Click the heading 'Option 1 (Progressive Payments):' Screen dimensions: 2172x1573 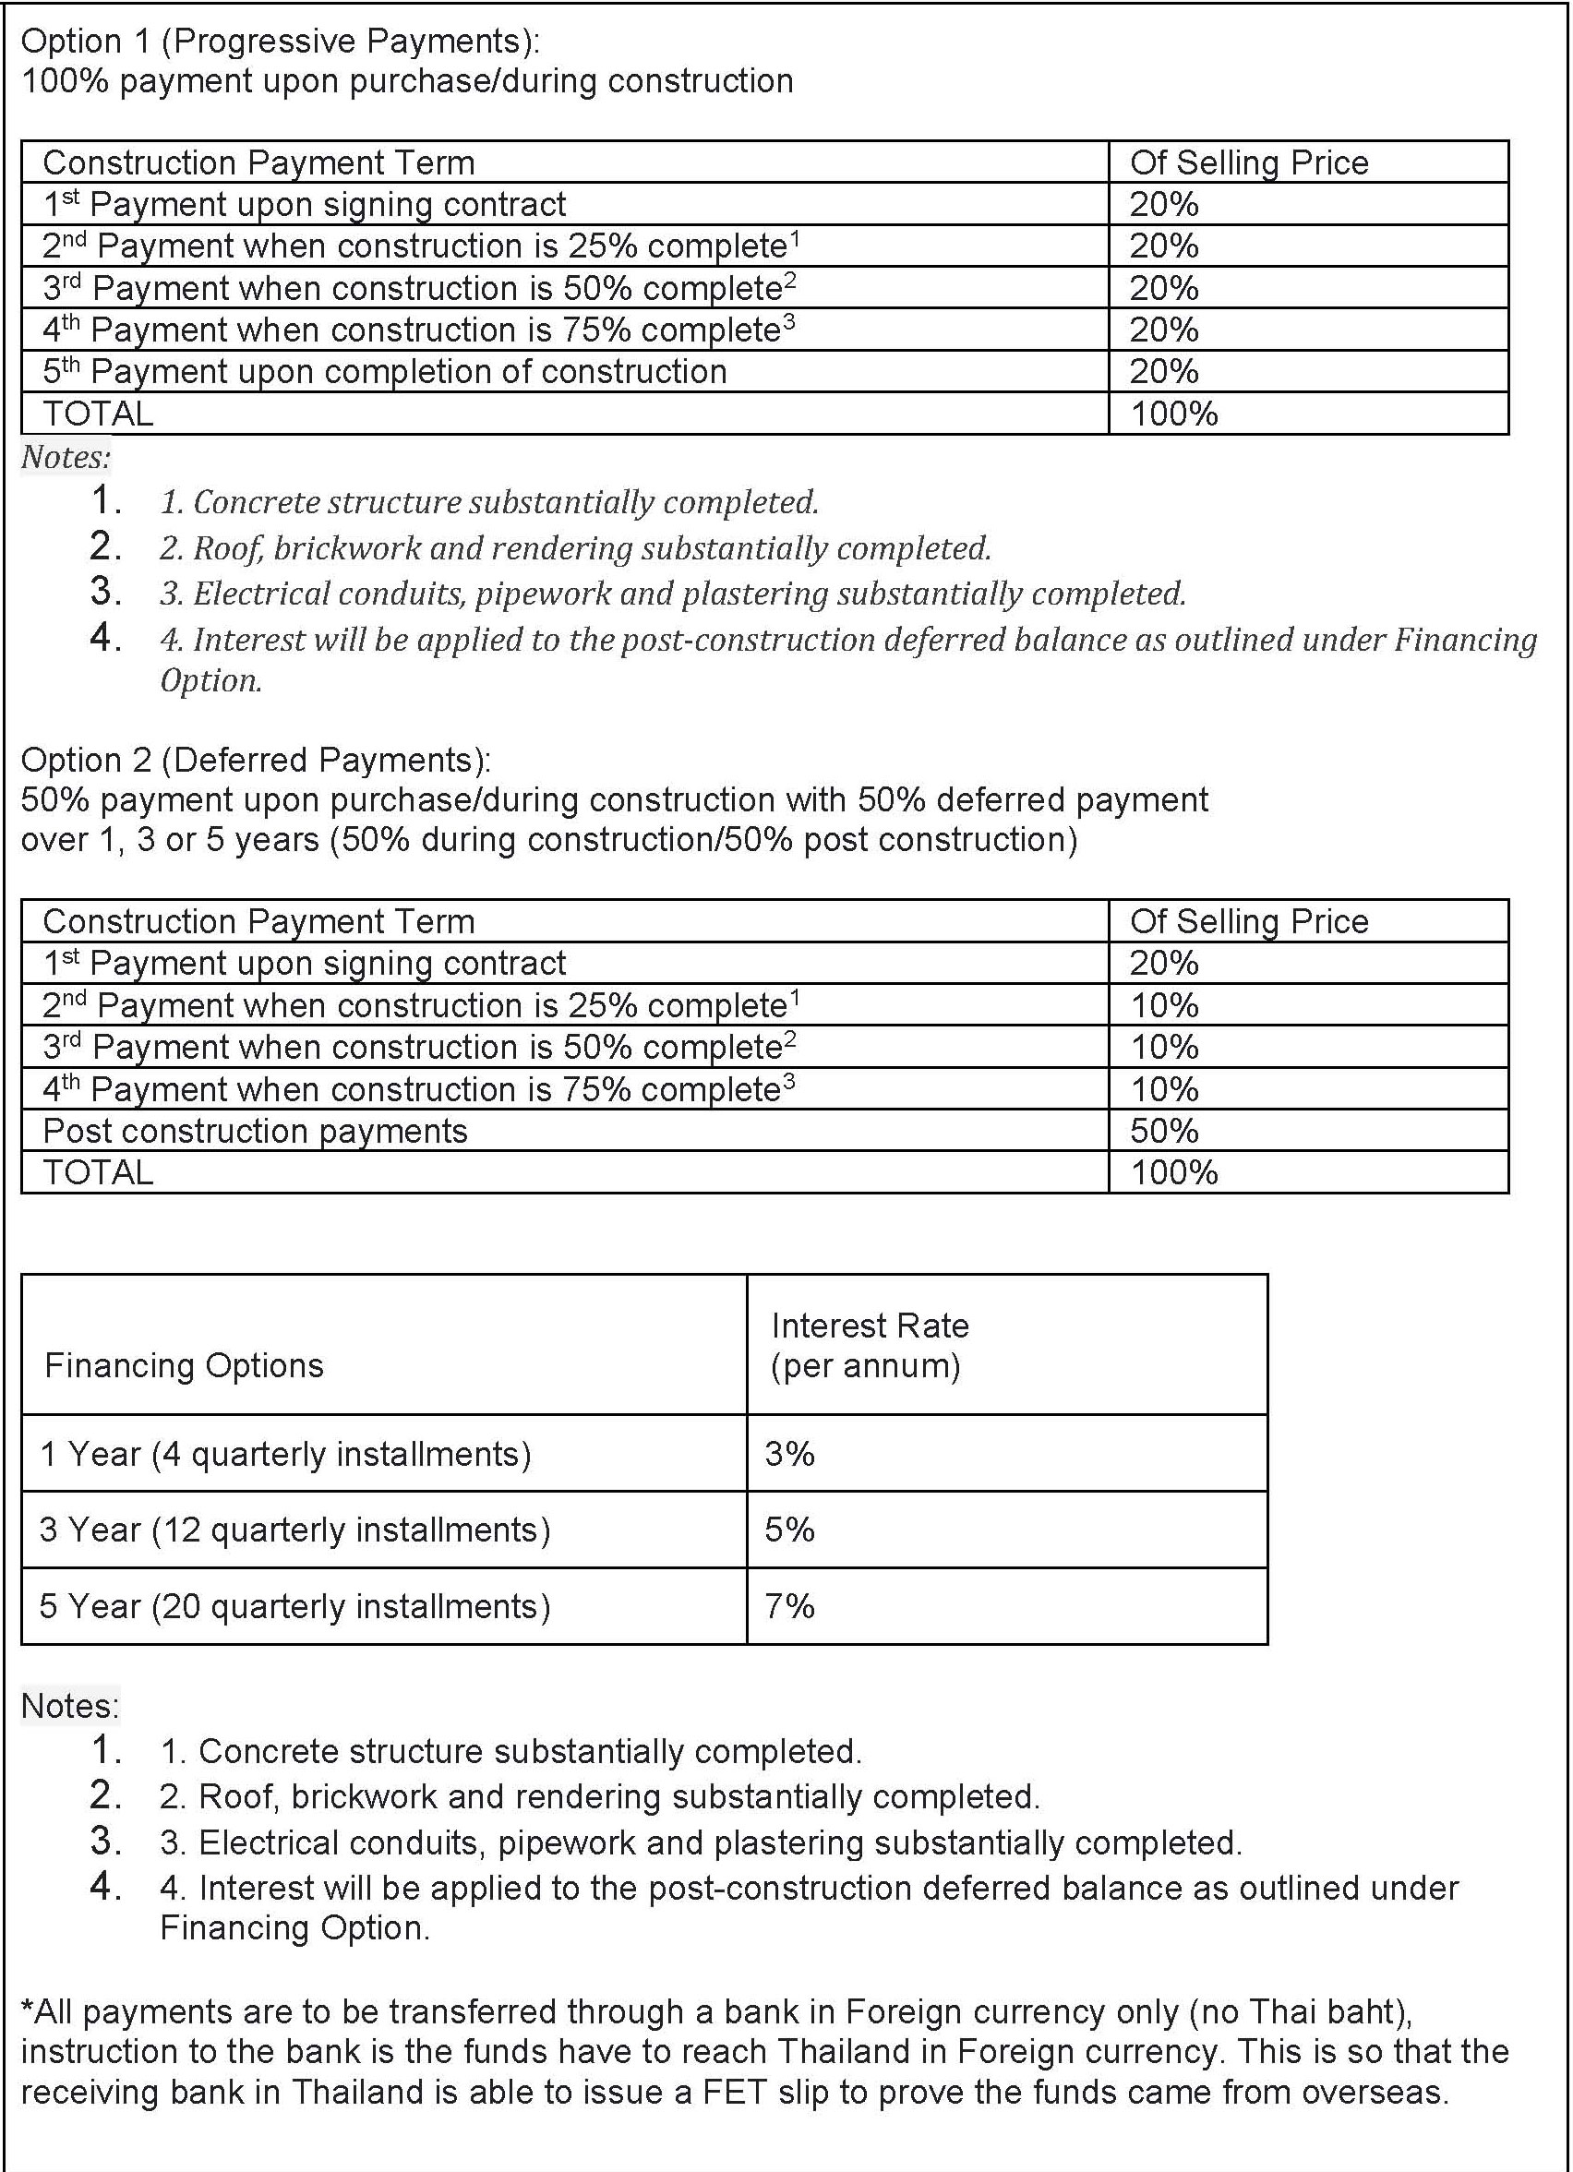pyautogui.click(x=280, y=42)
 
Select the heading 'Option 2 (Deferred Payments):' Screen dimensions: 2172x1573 pyautogui.click(x=256, y=760)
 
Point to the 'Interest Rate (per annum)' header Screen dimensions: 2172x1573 pyautogui.click(x=869, y=1345)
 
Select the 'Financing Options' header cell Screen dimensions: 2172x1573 pyautogui.click(x=184, y=1364)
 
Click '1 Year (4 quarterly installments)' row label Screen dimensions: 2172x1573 pyautogui.click(x=285, y=1454)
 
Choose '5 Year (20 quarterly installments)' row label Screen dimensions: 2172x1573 pyautogui.click(x=295, y=1606)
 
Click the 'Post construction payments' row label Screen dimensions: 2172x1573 pyautogui.click(x=255, y=1131)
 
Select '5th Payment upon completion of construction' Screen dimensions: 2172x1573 pyautogui.click(x=385, y=372)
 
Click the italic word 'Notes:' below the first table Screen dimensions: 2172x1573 pyautogui.click(x=66, y=457)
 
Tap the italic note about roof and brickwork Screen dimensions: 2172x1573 pyautogui.click(x=575, y=547)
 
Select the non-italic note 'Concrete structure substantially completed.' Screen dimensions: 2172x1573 pyautogui.click(x=510, y=1751)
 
